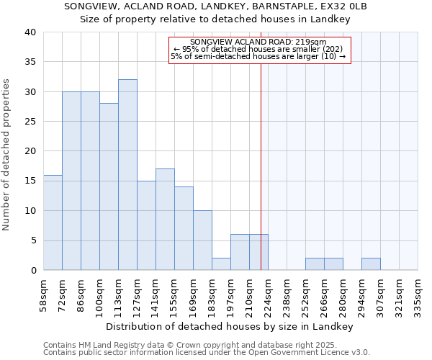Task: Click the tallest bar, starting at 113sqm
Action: (x=127, y=175)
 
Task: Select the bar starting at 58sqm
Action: (x=53, y=222)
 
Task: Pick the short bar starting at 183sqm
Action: (x=221, y=264)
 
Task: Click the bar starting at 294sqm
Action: (x=371, y=264)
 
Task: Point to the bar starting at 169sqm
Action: (x=202, y=240)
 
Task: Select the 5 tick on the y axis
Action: (x=32, y=240)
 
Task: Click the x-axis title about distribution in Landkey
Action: (x=230, y=326)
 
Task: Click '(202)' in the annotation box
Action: (x=336, y=49)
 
